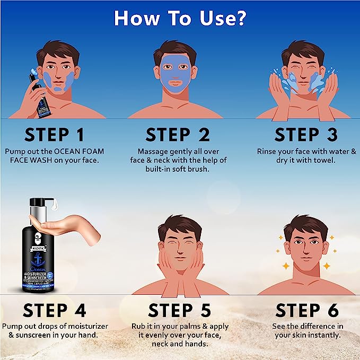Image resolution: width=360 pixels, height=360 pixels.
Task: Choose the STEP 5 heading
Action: pyautogui.click(x=179, y=310)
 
